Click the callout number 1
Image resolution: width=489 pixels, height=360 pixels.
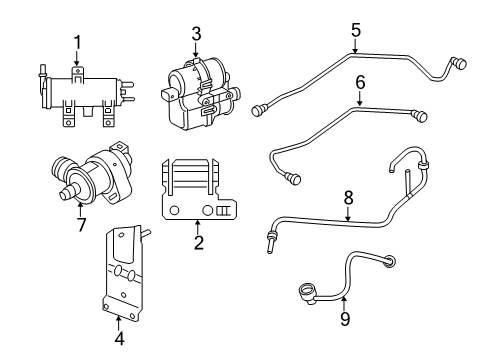pyautogui.click(x=76, y=41)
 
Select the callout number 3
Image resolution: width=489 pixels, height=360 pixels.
pyautogui.click(x=196, y=35)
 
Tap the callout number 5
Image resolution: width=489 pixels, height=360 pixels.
pyautogui.click(x=355, y=29)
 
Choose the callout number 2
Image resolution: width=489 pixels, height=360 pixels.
pyautogui.click(x=197, y=243)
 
